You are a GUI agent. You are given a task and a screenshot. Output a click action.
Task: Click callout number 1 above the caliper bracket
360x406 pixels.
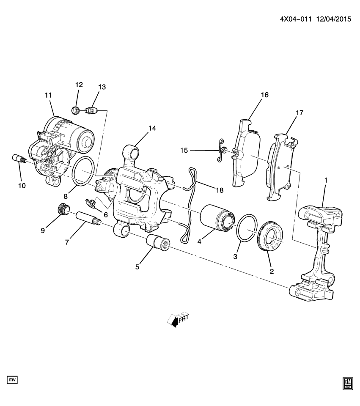pyautogui.click(x=326, y=181)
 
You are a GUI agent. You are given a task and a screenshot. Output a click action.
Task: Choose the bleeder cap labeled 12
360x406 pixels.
pyautogui.click(x=76, y=111)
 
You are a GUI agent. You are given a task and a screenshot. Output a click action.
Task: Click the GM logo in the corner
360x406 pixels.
pyautogui.click(x=347, y=383)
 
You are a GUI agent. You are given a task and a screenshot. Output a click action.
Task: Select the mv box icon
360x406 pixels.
pyautogui.click(x=12, y=380)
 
